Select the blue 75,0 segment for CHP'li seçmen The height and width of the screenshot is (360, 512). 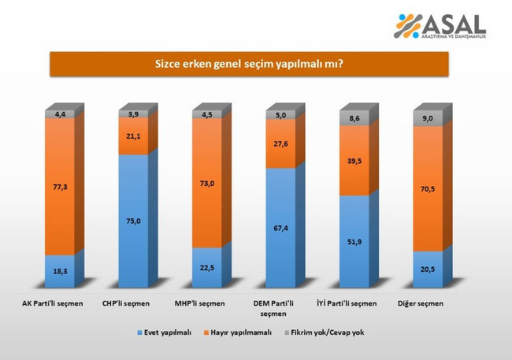pos(133,221)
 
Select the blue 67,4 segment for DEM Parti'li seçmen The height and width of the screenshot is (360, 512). pos(281,228)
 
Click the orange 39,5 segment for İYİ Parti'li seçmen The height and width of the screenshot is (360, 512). pos(354,161)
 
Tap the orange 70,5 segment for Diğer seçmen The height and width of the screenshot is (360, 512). pos(429,188)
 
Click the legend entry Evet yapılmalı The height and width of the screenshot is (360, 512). pos(165,332)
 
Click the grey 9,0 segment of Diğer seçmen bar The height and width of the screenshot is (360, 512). pos(429,118)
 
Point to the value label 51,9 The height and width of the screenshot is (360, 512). pos(354,239)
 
